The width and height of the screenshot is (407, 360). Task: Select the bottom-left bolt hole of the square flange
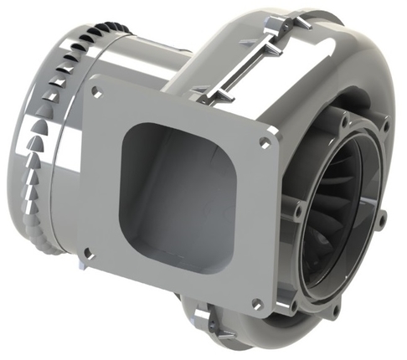click(87, 249)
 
